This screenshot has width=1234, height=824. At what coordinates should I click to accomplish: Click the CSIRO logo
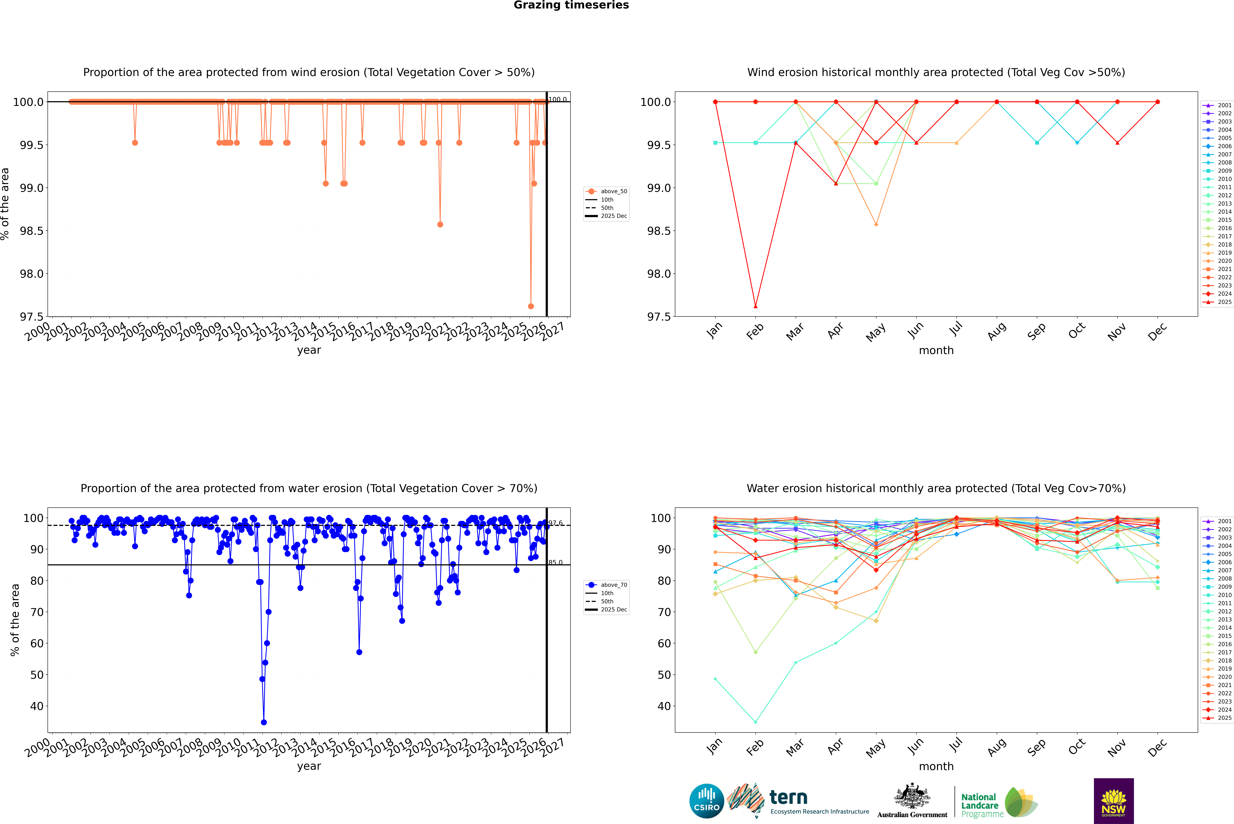[706, 801]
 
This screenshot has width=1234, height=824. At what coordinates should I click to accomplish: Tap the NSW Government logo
[1114, 801]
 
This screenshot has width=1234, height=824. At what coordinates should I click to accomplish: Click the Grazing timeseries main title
[571, 5]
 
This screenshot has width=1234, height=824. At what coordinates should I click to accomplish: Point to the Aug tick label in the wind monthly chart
[996, 331]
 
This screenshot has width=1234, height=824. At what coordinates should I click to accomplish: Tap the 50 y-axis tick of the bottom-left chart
[37, 675]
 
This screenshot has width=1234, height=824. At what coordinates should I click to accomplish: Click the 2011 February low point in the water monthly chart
[755, 722]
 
